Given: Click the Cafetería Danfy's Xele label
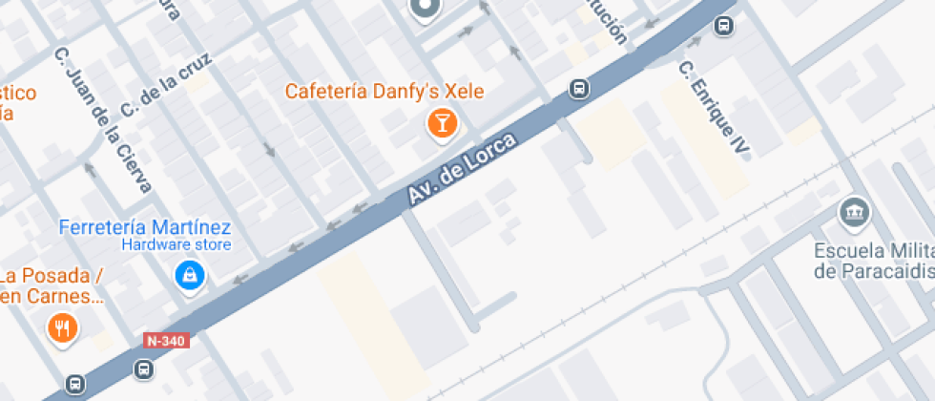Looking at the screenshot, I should click(x=385, y=92).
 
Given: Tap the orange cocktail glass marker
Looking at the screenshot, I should click(x=442, y=122).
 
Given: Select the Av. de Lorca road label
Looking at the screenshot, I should click(x=462, y=168).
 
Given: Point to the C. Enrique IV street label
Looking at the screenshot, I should click(x=715, y=109).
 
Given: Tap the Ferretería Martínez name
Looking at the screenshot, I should click(x=145, y=227).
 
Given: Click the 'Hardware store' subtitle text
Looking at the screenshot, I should click(x=176, y=244).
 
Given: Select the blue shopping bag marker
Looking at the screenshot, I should click(x=190, y=277).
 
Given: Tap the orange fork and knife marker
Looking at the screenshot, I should click(x=63, y=329).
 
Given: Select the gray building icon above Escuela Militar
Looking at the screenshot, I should click(x=854, y=211).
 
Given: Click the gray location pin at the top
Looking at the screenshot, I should click(x=426, y=10).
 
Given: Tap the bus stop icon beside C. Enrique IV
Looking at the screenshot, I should click(x=724, y=26).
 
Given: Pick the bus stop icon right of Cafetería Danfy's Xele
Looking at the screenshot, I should click(x=578, y=90).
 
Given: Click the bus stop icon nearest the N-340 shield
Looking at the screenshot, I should click(x=143, y=369).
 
